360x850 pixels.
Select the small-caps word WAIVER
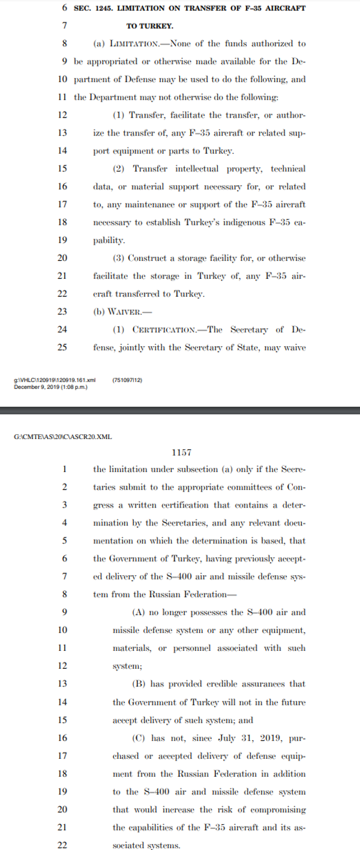(x=122, y=311)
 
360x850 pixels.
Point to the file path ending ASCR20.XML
(x=63, y=436)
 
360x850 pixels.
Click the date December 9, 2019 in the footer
(x=36, y=386)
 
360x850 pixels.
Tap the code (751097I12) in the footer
(x=127, y=380)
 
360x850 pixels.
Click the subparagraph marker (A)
(x=138, y=612)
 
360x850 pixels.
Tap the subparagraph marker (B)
(x=138, y=684)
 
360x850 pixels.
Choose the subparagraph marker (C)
(x=138, y=738)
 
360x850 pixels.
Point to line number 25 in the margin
(x=62, y=347)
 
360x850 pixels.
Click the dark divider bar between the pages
(x=180, y=410)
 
